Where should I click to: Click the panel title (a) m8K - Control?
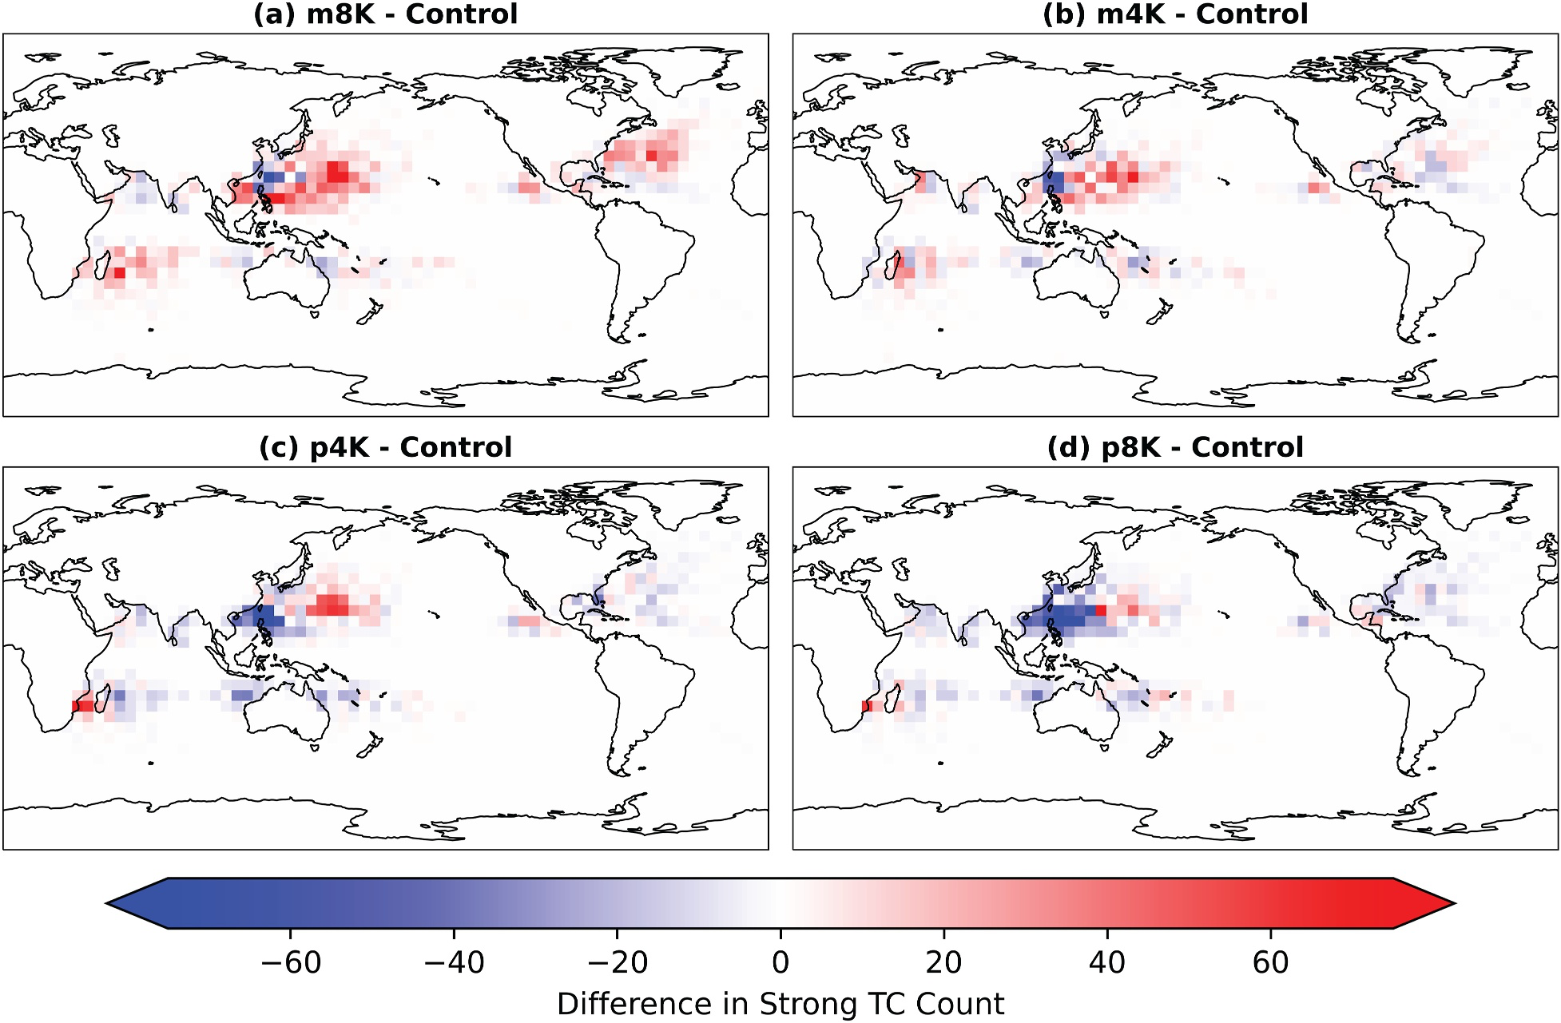385,14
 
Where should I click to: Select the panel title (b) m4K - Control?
1174,14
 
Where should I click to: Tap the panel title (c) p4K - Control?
385,447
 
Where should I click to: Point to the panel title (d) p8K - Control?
1174,447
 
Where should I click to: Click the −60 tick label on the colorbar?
291,963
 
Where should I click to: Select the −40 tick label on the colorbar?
454,963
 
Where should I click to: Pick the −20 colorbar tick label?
618,963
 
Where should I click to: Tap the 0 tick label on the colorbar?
780,963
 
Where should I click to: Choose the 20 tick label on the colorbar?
943,963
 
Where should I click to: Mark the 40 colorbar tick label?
1106,963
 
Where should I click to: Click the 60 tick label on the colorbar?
1270,963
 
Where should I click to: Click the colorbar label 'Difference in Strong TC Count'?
780,1004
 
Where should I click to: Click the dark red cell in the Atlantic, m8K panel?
653,155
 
